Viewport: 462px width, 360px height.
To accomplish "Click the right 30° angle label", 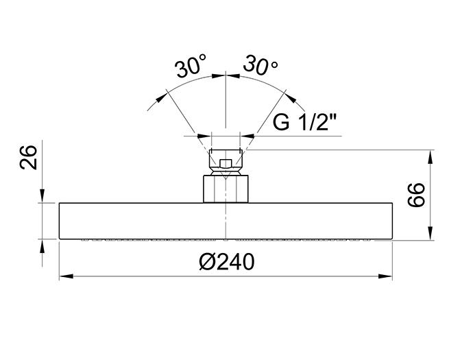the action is click(x=260, y=65).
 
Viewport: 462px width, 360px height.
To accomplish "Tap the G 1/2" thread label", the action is click(x=304, y=122).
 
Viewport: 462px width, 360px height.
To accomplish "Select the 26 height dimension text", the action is click(x=29, y=158).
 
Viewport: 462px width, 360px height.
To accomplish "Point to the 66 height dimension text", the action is click(x=416, y=195).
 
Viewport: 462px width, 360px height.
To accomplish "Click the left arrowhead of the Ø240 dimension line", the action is click(x=66, y=276).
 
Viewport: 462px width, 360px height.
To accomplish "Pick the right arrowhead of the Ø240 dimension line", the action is click(x=385, y=276).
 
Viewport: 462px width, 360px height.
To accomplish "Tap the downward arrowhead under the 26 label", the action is click(x=42, y=196).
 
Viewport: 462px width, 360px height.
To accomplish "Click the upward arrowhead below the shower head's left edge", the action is click(x=42, y=246).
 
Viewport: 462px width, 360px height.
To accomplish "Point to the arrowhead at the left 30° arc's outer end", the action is click(x=160, y=97).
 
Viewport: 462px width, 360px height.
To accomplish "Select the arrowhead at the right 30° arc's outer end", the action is click(x=291, y=98).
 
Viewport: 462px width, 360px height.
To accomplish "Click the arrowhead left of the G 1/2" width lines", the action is click(x=204, y=136).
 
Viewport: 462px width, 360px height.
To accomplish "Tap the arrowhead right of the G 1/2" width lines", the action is click(x=247, y=136).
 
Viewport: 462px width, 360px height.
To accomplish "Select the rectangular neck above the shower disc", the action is click(x=226, y=189).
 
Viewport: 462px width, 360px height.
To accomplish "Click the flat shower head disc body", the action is click(x=226, y=221).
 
